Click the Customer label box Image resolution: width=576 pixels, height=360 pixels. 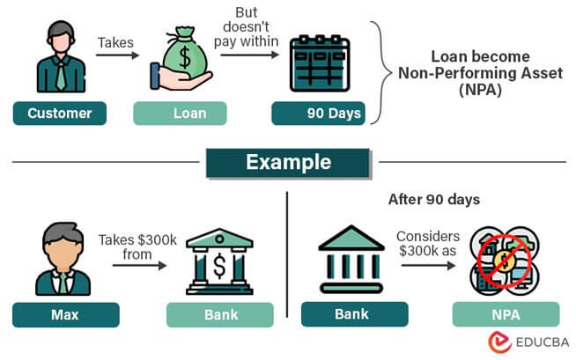[59, 113]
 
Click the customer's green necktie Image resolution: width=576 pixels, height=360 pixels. [59, 76]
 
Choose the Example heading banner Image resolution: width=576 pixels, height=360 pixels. [288, 162]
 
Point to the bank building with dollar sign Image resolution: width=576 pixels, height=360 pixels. [220, 261]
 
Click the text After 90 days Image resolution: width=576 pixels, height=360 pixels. [433, 199]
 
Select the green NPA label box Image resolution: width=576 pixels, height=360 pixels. [506, 314]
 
